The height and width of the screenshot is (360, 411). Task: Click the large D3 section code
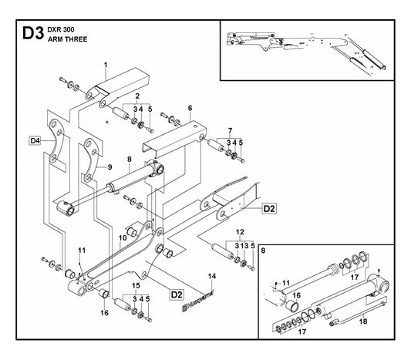tap(33, 33)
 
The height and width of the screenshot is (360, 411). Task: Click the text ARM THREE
tap(67, 39)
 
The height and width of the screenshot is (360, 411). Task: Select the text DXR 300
tap(61, 29)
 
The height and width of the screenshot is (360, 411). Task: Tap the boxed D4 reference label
tap(35, 141)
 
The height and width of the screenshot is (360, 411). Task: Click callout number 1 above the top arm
tap(106, 65)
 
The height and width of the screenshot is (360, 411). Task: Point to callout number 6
tap(190, 108)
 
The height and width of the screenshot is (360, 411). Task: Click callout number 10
tap(123, 238)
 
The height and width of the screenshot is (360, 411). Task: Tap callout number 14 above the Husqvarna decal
tap(212, 276)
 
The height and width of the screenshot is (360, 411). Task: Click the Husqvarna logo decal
tap(198, 301)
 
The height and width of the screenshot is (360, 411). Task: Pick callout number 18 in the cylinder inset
tap(363, 321)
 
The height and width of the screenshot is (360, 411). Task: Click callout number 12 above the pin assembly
tap(240, 232)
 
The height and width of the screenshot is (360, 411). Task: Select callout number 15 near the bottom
tap(136, 285)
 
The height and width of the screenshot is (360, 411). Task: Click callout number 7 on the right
tap(230, 130)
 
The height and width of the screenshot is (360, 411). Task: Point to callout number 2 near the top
tap(137, 96)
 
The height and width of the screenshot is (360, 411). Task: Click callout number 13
tap(244, 246)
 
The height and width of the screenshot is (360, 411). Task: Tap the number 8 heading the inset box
tap(263, 251)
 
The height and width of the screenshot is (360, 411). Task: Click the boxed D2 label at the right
tap(269, 209)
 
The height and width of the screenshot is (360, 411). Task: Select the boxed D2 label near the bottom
tap(177, 294)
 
